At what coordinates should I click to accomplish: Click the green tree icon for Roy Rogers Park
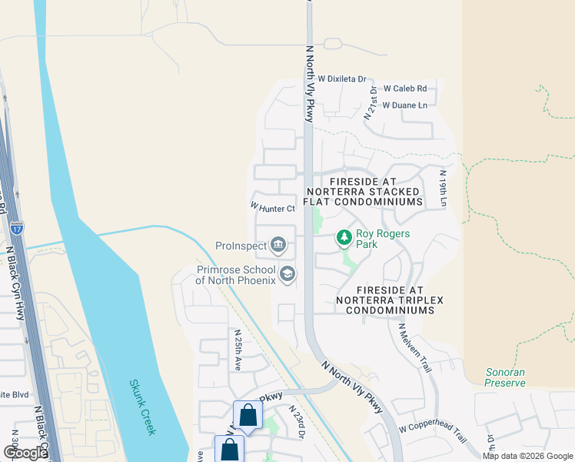pos(344,239)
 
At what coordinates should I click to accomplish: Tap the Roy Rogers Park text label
pos(382,239)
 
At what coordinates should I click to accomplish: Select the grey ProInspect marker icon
pos(278,246)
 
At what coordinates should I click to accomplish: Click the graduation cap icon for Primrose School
pos(287,274)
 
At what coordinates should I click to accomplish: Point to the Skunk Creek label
pos(142,407)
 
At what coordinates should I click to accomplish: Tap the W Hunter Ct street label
pos(272,208)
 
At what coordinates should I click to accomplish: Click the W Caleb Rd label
pos(404,89)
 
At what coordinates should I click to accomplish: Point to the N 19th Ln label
pos(444,189)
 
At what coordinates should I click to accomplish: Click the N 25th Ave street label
pos(238,350)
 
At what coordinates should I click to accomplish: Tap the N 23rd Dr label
pos(297,423)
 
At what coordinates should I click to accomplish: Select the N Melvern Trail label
pos(415,347)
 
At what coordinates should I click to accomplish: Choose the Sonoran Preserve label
pos(505,377)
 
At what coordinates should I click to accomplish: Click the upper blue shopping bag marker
pos(248,416)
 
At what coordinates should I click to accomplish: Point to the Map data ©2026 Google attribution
pos(528,456)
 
